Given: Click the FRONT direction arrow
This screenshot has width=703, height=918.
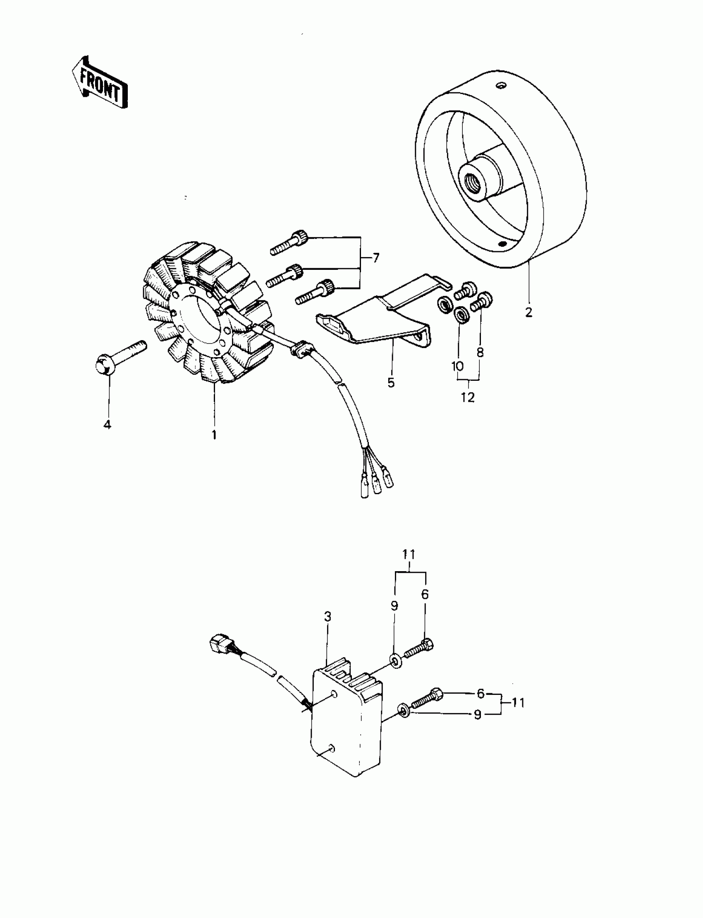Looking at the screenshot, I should click(100, 82).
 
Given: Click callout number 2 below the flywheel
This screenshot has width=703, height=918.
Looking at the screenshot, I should click(528, 312).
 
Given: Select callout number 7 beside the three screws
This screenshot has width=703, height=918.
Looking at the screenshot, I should click(376, 258).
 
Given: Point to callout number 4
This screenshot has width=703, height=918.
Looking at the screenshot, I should click(108, 425).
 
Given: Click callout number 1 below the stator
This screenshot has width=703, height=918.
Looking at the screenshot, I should click(214, 435).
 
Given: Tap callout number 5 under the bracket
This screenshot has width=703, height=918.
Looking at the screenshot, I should click(391, 382).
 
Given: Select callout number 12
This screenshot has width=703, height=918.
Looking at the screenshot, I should click(468, 397).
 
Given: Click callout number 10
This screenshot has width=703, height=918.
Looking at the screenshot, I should click(457, 366).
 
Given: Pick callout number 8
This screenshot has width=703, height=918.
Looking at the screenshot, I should click(480, 353).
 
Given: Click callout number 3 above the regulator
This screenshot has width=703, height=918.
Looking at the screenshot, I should click(328, 616).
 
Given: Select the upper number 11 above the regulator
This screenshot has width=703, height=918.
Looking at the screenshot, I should click(409, 555).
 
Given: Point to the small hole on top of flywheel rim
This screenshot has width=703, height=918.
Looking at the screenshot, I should click(499, 86).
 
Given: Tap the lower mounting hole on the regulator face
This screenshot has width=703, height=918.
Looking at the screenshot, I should click(331, 747).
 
